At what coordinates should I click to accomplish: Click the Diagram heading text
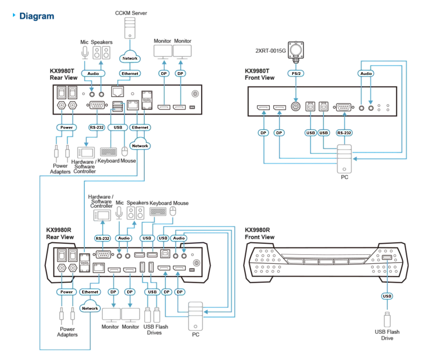tap(36, 16)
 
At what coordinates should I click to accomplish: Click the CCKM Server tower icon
tap(130, 28)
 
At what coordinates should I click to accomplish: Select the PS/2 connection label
tap(296, 73)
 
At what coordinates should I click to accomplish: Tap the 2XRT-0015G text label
tap(270, 51)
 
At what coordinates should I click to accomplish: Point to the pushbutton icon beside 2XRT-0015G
tap(296, 50)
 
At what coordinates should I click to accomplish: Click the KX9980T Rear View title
tap(63, 74)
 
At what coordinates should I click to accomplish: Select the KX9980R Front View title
tap(259, 233)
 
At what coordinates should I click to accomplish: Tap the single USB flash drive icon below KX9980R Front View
tap(387, 320)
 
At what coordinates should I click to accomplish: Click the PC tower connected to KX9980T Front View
tap(344, 159)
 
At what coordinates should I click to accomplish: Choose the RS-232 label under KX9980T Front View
tap(344, 132)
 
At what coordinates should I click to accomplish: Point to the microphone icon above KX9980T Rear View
tap(85, 53)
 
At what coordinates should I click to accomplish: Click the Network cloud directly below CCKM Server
tap(130, 58)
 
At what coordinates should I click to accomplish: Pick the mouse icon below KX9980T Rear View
tap(125, 151)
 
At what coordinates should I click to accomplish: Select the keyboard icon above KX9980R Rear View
tap(158, 211)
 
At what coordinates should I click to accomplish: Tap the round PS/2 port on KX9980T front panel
tap(296, 107)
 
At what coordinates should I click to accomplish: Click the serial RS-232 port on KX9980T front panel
tap(344, 107)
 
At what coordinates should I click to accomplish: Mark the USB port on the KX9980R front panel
tap(387, 258)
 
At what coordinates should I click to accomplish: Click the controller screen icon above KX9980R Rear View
tap(102, 215)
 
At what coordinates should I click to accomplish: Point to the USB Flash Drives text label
tap(155, 329)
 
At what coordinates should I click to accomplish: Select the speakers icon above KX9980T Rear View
tap(102, 53)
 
